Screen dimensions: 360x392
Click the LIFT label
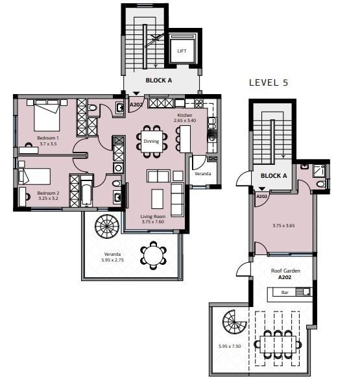182,51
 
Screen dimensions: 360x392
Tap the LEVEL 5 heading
269,82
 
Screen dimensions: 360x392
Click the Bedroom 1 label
48,138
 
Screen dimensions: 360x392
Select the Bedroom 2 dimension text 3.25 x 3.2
48,198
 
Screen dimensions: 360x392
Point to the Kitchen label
185,116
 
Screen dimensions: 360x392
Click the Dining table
152,141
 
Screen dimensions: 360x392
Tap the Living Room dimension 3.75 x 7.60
153,222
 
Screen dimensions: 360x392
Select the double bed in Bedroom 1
47,116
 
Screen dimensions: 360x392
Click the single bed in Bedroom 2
34,177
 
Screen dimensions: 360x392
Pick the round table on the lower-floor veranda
153,255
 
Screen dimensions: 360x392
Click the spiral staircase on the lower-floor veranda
107,227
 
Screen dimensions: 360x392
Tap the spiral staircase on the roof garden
235,322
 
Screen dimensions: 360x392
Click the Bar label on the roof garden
285,292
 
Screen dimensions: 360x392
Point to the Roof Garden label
285,271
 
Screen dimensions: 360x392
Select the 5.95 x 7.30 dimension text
230,347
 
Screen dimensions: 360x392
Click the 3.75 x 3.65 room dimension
283,225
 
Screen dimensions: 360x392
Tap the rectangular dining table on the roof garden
278,345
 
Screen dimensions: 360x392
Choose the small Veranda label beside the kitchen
202,173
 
